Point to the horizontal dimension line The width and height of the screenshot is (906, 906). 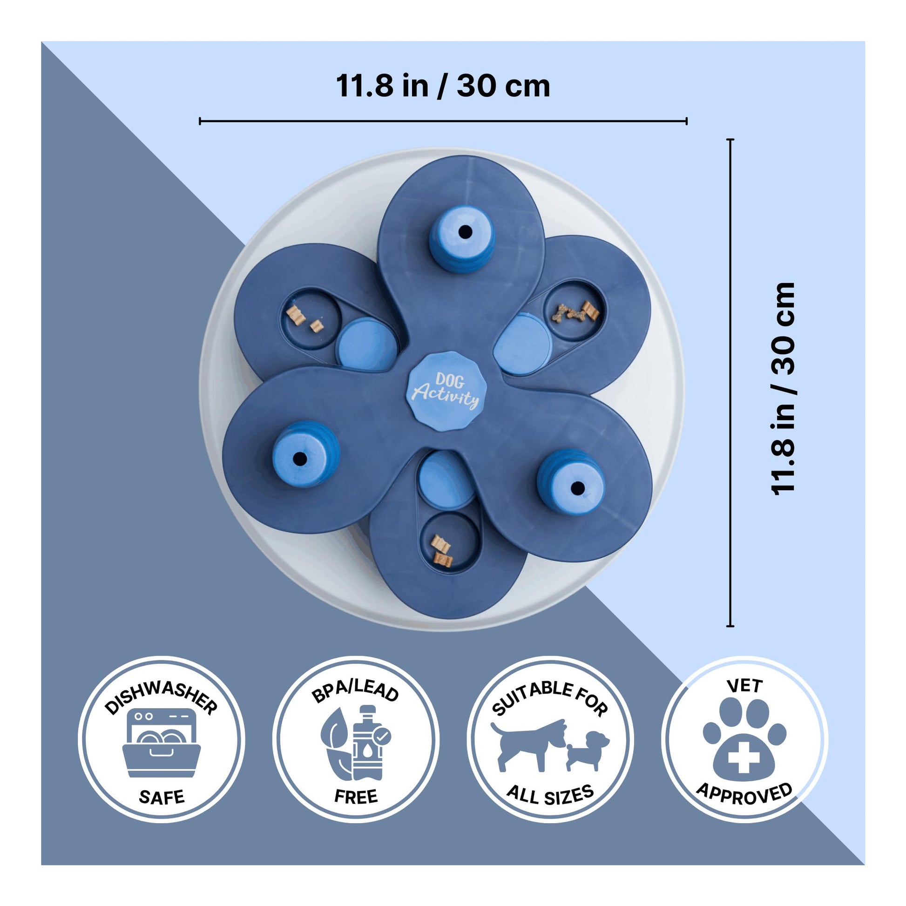click(x=443, y=121)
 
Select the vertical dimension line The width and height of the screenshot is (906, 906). click(x=730, y=382)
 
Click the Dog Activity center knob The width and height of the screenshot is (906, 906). click(x=446, y=391)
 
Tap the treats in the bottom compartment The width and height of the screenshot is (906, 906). click(x=441, y=552)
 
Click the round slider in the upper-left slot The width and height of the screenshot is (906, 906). click(x=367, y=344)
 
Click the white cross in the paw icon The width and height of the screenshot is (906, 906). click(x=744, y=759)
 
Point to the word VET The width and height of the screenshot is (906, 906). click(x=744, y=687)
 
